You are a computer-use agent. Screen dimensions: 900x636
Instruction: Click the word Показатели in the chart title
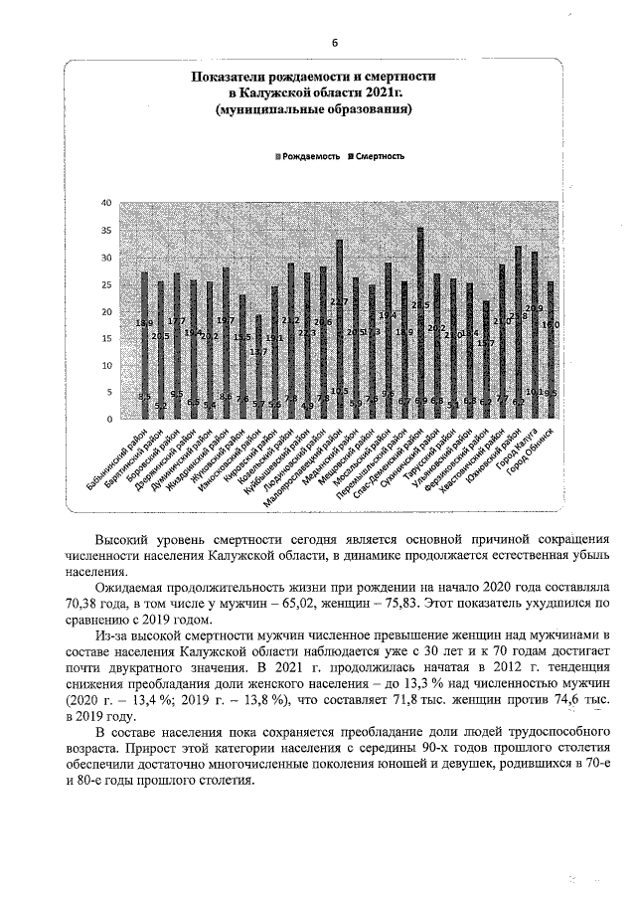click(x=227, y=76)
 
